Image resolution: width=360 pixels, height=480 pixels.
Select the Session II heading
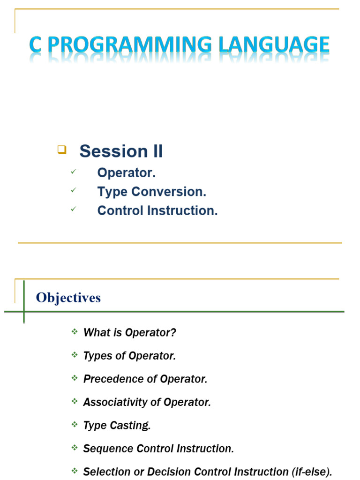[x=121, y=151]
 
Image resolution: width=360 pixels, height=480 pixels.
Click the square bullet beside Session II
[x=61, y=150]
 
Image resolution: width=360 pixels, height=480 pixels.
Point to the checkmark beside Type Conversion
[x=73, y=191]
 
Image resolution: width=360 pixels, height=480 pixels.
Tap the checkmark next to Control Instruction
[x=73, y=210]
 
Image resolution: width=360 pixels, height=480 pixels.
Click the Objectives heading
[x=68, y=298]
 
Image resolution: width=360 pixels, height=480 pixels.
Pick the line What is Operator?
[x=130, y=333]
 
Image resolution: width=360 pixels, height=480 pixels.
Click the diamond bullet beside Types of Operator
[x=75, y=355]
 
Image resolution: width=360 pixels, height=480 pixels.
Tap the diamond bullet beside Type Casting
[x=75, y=425]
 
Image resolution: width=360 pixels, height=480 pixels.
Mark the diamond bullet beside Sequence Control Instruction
[x=75, y=448]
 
